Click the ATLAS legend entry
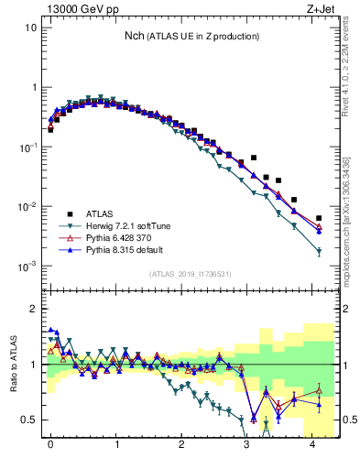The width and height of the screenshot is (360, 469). coord(100,211)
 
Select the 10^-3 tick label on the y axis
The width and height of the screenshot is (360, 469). coord(27,267)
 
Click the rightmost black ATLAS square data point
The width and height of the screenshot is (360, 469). coord(319,218)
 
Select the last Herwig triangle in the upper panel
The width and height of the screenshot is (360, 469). coord(319,251)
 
